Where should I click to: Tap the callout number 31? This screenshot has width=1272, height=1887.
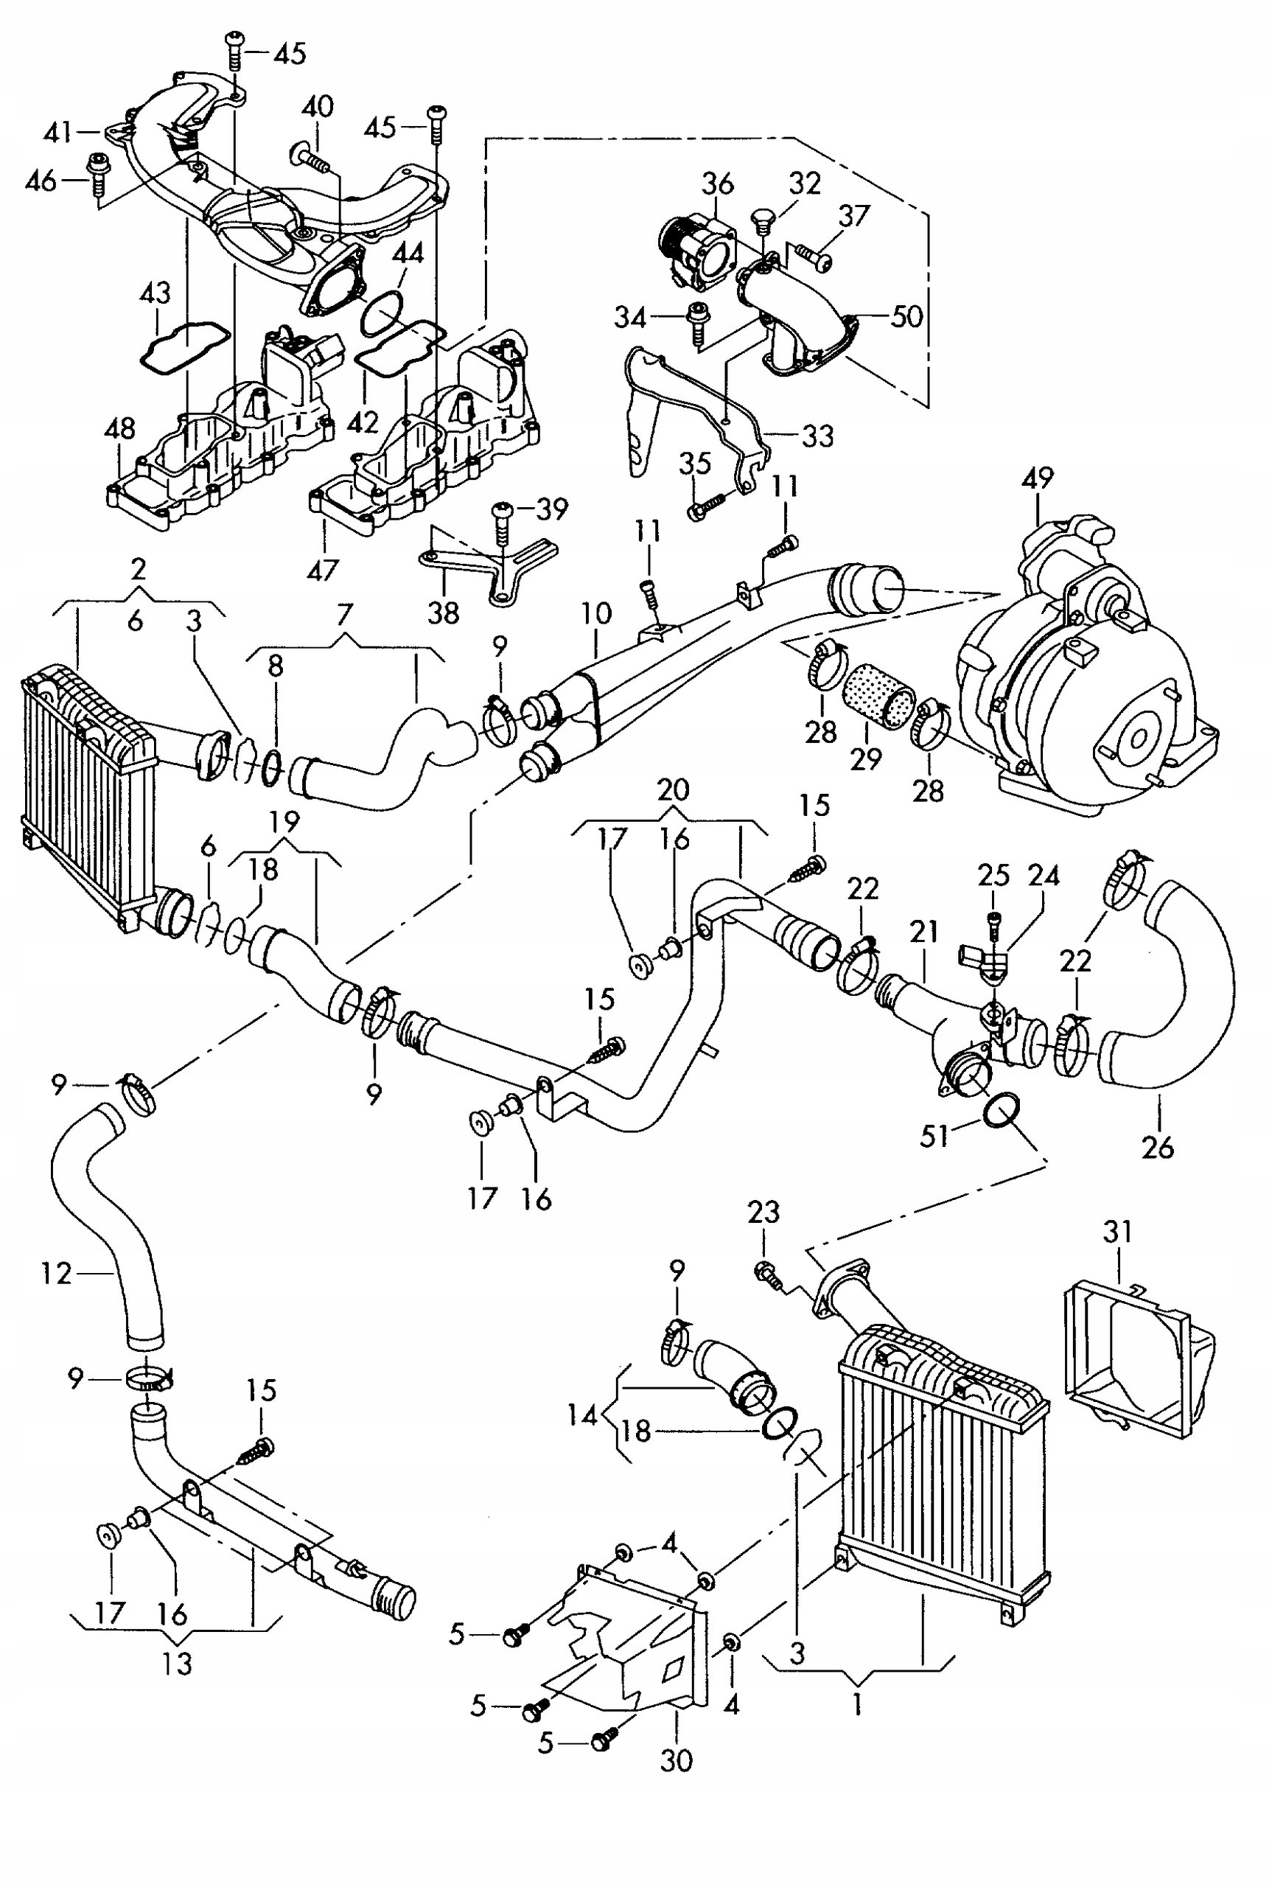point(1117,1232)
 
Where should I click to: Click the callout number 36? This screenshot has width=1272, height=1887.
point(718,184)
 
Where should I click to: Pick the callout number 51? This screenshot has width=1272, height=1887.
point(934,1136)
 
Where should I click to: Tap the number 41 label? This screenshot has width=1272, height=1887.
point(57,131)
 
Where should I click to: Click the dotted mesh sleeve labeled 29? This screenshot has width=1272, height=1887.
point(878,704)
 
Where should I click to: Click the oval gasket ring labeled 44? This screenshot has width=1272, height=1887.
point(382,314)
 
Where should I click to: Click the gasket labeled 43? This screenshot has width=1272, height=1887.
point(184,347)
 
